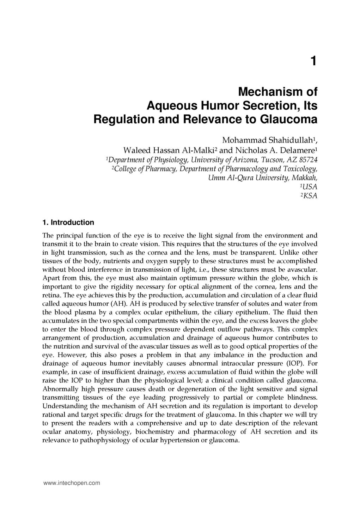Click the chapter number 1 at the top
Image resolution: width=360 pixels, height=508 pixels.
point(313,61)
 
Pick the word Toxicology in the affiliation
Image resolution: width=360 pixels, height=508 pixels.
point(300,168)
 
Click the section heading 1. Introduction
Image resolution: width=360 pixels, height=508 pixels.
point(68,223)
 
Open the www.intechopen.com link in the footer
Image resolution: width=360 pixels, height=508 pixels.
point(72,483)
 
